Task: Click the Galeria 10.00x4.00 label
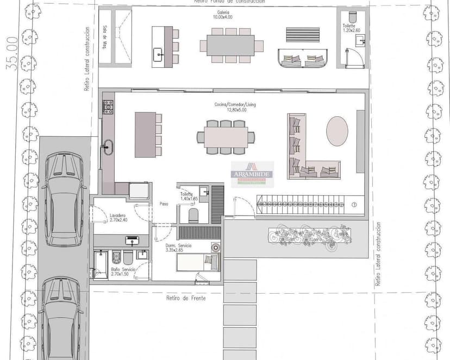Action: click(222, 15)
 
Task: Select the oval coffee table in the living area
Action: click(337, 131)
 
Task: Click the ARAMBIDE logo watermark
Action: click(252, 174)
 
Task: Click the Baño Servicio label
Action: click(122, 271)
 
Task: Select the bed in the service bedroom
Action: click(197, 263)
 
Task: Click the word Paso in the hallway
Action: click(163, 204)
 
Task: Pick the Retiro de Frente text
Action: click(187, 298)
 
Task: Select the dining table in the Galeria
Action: click(231, 46)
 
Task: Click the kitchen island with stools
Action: click(145, 135)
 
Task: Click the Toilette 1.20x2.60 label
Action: click(348, 28)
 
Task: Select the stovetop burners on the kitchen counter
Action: click(108, 105)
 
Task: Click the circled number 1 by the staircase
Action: click(353, 205)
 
